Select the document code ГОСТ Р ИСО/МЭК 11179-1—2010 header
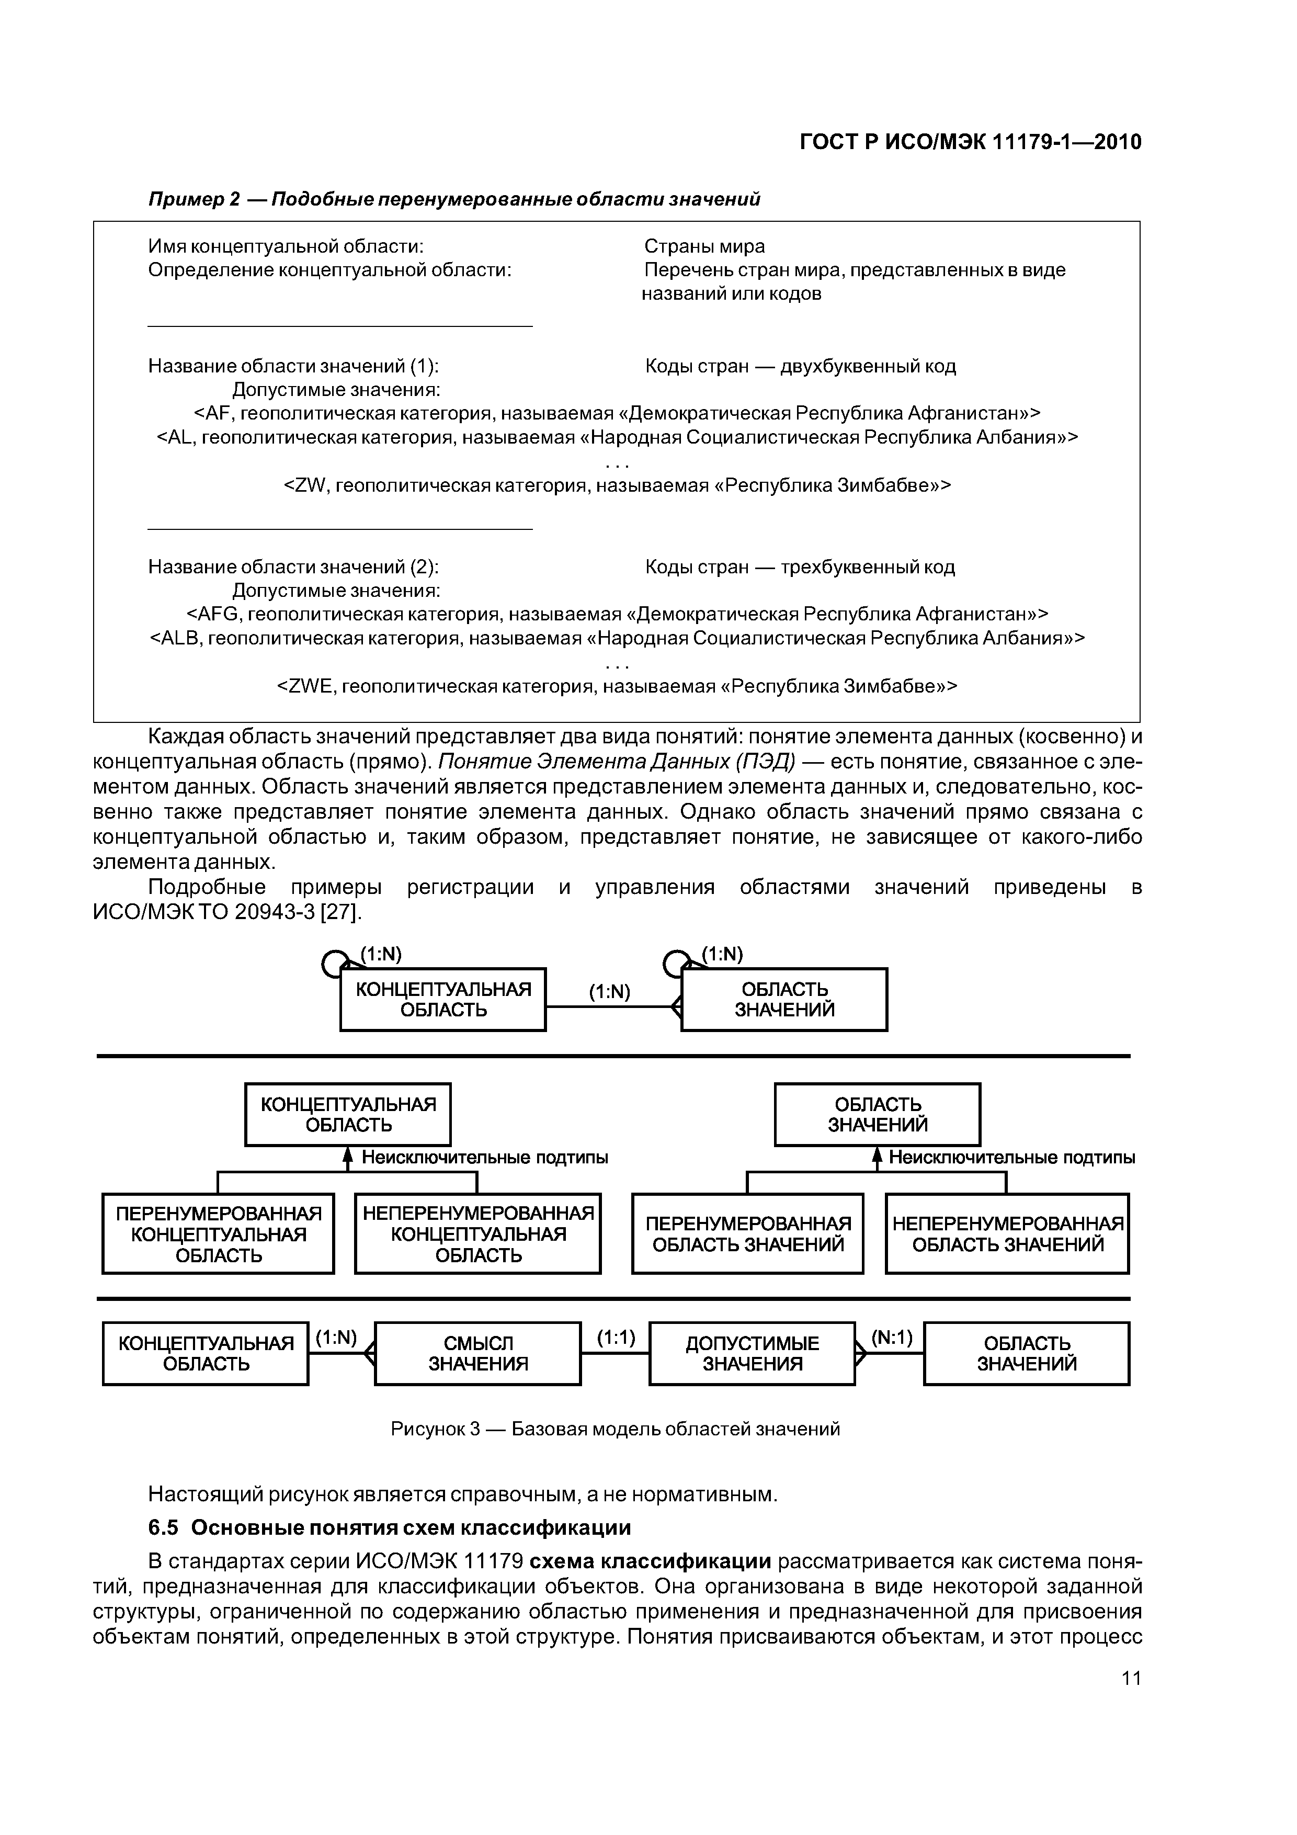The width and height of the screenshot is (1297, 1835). tap(970, 142)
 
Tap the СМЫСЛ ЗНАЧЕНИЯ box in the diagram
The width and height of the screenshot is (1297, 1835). tap(478, 1354)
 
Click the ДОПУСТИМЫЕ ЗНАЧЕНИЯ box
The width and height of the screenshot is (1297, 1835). tap(752, 1354)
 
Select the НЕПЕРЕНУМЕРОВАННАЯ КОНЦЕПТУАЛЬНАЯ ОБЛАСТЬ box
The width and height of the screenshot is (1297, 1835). tap(478, 1234)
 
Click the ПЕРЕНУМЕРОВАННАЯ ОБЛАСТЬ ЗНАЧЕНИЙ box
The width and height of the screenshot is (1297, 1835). tap(748, 1234)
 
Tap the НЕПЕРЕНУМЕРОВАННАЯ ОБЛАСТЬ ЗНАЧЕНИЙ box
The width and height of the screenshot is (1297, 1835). tap(1007, 1234)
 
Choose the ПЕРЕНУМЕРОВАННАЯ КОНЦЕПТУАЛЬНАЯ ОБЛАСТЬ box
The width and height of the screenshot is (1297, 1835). tap(218, 1234)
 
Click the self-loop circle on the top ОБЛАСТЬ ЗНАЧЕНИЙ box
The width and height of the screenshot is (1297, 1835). tap(675, 966)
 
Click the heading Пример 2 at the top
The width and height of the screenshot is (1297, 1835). tap(194, 199)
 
